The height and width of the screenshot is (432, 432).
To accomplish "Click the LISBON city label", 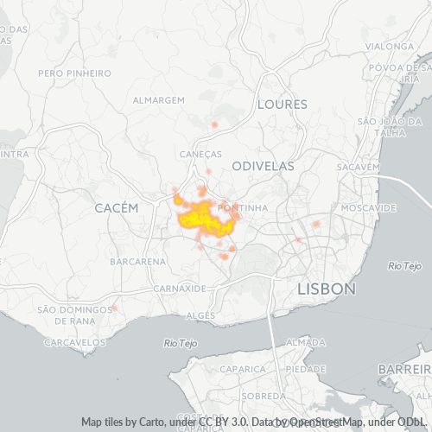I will click(326, 289).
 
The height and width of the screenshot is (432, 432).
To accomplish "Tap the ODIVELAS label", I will click(264, 165).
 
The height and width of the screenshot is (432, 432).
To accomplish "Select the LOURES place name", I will click(282, 105).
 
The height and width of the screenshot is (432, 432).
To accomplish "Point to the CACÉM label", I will click(116, 208).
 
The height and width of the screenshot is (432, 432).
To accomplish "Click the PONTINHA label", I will click(243, 208).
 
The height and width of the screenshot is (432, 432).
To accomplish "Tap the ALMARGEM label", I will click(159, 100).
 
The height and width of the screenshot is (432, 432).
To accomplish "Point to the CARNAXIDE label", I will click(179, 288).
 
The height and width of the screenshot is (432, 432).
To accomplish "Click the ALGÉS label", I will click(200, 316).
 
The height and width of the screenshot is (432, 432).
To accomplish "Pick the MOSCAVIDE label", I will click(368, 208).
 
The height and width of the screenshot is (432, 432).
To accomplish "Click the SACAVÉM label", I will click(359, 166).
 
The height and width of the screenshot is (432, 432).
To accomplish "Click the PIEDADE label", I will click(305, 369).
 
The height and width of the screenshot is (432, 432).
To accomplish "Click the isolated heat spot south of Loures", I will click(214, 125).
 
